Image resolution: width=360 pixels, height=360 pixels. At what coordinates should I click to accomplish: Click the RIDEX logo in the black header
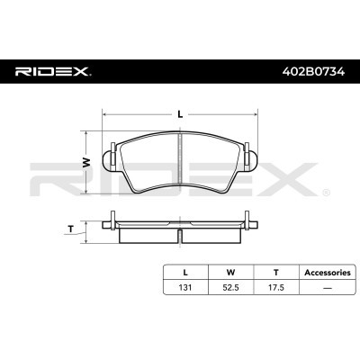click(53, 72)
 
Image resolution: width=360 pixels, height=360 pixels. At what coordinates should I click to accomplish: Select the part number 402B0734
click(314, 72)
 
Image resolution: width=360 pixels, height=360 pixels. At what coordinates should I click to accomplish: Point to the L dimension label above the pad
click(180, 114)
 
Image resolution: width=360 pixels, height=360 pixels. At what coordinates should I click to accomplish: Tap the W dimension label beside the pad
click(86, 162)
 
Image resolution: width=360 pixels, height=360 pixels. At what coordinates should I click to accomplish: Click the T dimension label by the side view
click(71, 229)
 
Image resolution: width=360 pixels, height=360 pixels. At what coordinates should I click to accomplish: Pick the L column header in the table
click(185, 273)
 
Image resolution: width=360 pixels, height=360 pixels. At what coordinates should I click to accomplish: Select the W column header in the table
click(230, 273)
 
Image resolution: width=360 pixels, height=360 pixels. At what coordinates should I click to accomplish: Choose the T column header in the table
click(276, 273)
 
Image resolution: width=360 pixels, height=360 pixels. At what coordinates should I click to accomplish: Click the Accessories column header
click(328, 273)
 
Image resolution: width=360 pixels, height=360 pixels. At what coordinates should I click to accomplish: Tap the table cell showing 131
click(185, 287)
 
